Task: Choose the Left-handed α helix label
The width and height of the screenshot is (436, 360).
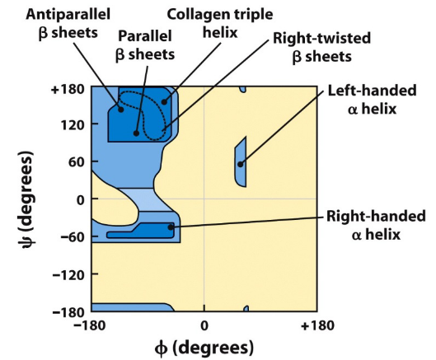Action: pos(375,101)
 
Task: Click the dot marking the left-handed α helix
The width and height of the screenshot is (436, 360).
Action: pos(241,164)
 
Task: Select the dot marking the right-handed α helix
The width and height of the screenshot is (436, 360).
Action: pos(171,227)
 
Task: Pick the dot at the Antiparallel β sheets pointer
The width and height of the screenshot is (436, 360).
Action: pos(120,109)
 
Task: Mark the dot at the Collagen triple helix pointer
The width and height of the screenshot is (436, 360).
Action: pos(164,102)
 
